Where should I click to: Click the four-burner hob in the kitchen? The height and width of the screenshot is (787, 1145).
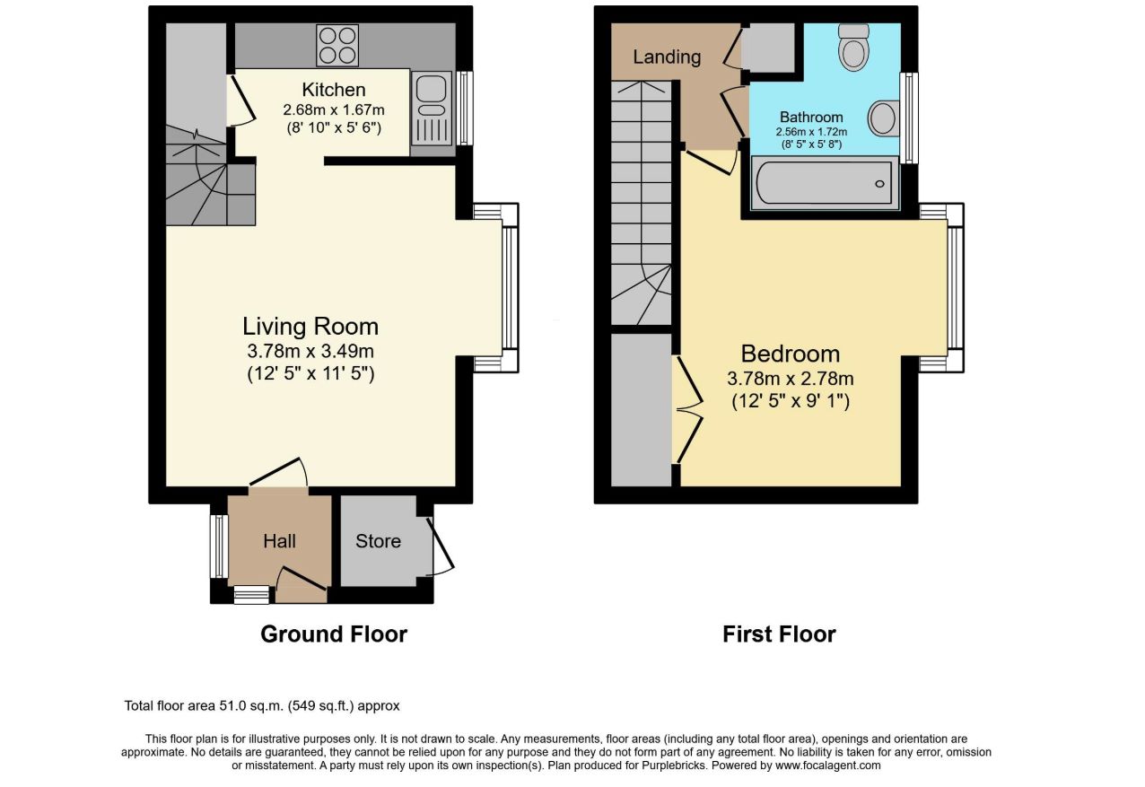coord(337,46)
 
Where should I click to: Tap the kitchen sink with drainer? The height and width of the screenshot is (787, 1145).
coord(432,109)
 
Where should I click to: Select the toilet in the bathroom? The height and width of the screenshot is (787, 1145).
coord(853,48)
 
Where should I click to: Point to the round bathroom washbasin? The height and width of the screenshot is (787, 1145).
coord(883,118)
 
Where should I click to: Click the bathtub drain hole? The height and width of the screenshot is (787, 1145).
coord(879,184)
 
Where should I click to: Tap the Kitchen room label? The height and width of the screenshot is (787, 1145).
coord(334,90)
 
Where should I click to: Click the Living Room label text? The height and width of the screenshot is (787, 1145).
coord(310,326)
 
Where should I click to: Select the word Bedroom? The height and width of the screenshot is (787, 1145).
coord(791,354)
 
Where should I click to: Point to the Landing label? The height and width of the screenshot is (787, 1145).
coord(667,57)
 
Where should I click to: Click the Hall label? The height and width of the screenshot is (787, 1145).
coord(279,541)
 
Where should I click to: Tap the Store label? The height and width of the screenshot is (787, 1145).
coord(379,541)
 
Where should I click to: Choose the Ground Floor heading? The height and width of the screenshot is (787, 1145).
coord(334,634)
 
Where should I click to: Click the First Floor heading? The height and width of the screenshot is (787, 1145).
coord(779,634)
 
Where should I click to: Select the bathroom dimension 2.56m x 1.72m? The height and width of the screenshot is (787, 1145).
coord(811,132)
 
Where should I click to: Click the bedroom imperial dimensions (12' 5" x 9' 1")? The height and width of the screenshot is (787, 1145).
coord(791,400)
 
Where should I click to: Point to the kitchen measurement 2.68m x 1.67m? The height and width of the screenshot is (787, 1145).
coord(334,109)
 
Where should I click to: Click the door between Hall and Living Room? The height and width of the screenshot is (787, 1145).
coord(278,472)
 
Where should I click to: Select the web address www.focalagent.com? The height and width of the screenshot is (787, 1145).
coord(827,765)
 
